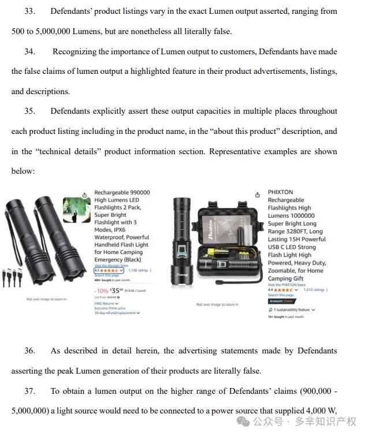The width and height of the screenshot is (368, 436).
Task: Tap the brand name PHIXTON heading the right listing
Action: pyautogui.click(x=280, y=193)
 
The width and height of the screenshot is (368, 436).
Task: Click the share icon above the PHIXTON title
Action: pyautogui.click(x=257, y=195)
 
